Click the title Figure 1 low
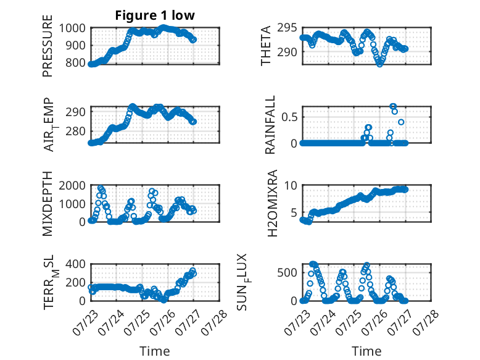point(155,15)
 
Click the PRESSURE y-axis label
point(48,46)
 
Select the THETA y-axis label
point(266,46)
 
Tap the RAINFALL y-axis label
point(270,125)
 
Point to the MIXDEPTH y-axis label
point(48,204)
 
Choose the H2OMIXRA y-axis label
point(272,203)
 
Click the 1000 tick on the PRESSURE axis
point(72,28)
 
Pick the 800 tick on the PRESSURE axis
point(76,63)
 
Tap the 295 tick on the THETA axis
point(287,28)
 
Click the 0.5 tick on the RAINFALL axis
point(289,117)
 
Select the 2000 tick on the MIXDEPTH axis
point(72,185)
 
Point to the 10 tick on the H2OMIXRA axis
point(291,185)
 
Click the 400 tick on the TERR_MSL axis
point(76,264)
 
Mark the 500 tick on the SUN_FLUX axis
point(287,272)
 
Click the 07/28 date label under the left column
point(214,322)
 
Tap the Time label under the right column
point(366,351)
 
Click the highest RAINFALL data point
point(393,106)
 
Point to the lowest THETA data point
point(379,64)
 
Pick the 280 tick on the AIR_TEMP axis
point(76,132)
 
